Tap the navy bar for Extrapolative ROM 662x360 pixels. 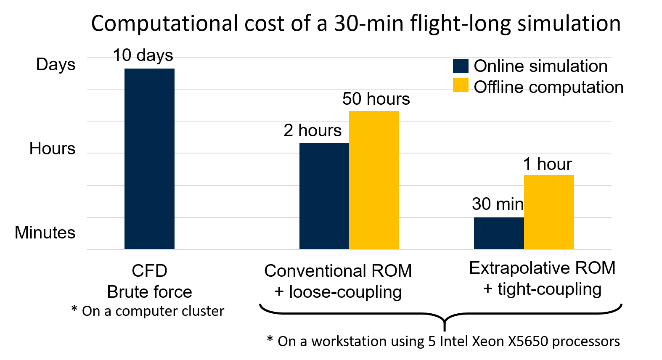click(x=499, y=233)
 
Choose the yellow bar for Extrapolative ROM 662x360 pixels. click(x=549, y=212)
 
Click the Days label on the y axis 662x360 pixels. click(x=56, y=64)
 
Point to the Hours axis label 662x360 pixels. click(x=52, y=148)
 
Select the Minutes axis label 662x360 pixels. click(x=45, y=233)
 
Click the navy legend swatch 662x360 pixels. click(x=461, y=66)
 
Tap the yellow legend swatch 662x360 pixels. click(x=461, y=85)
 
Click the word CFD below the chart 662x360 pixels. click(x=149, y=271)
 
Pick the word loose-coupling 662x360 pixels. click(x=345, y=292)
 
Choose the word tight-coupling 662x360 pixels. click(x=549, y=289)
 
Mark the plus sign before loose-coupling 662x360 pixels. click(x=279, y=292)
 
